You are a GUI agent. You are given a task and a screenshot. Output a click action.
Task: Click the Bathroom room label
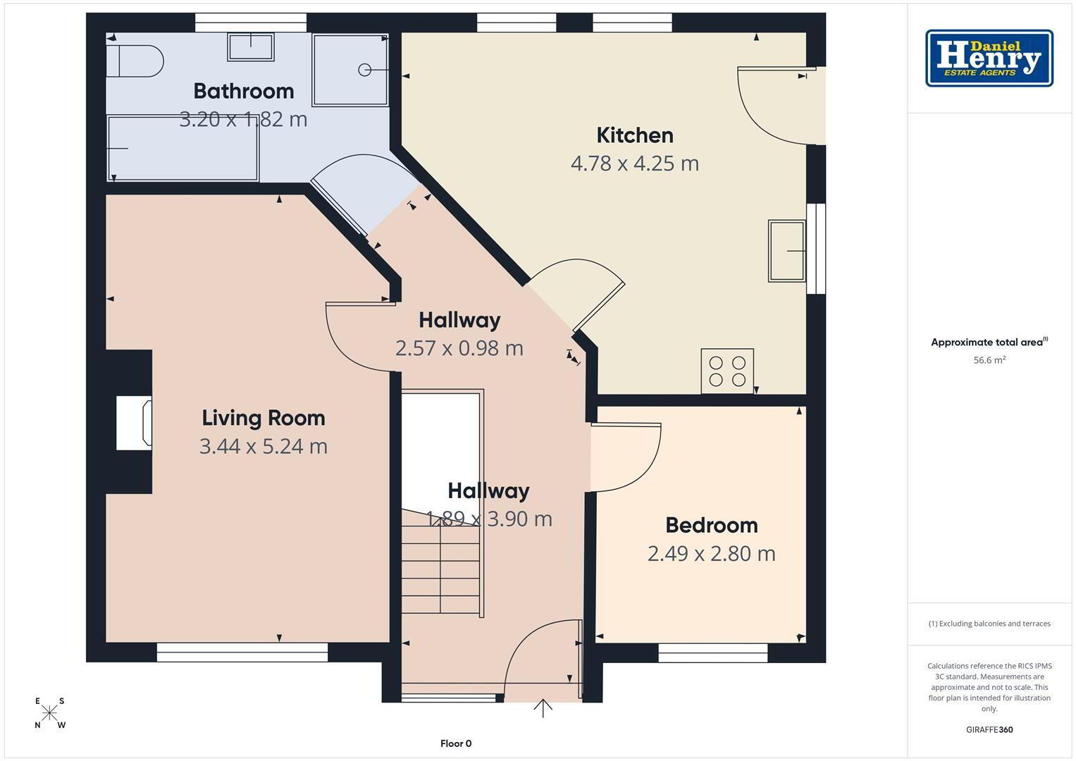point(244,92)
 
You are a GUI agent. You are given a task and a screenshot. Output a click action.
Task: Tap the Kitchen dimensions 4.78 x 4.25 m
point(635,163)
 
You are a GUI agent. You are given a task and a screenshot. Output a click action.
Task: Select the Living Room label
point(264,418)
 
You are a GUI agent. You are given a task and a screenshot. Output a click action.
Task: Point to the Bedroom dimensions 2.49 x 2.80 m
point(712,554)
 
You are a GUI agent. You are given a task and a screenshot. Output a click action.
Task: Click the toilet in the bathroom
point(135,61)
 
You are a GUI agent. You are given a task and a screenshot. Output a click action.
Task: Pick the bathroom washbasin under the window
point(251,47)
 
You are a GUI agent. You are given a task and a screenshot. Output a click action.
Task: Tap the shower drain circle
point(364,70)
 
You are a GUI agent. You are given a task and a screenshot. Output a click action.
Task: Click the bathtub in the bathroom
point(183,149)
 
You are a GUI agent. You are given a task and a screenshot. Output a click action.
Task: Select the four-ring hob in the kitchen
point(727,371)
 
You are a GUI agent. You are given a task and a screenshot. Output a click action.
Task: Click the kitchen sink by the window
point(787,251)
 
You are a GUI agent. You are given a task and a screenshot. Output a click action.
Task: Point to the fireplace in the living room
point(134,423)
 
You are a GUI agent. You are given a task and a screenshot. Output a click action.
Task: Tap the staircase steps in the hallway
point(440,562)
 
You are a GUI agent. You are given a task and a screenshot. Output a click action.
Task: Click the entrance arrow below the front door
point(543,708)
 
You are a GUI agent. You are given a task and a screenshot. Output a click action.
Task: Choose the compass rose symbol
point(49,713)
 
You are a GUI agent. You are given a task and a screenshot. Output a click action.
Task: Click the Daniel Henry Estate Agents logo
point(989,58)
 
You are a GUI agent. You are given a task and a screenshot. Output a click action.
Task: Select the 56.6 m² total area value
point(989,360)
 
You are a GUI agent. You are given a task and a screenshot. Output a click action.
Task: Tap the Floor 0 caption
point(456,743)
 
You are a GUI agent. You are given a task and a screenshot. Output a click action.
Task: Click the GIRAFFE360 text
point(989,730)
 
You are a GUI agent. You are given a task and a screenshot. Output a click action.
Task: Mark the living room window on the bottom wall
point(242,652)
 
